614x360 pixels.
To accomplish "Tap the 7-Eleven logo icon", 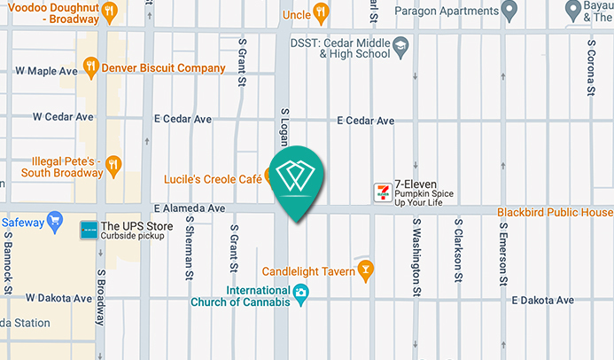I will click(x=383, y=192).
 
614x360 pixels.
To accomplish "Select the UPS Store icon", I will click(x=89, y=230).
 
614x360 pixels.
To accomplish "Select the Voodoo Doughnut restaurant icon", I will click(x=110, y=12).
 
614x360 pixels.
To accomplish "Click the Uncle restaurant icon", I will click(x=321, y=12).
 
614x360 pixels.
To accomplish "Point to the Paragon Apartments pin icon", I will click(x=509, y=11).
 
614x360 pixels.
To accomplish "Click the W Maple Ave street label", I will click(x=47, y=71).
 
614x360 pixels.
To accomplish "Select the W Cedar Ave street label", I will click(x=63, y=116).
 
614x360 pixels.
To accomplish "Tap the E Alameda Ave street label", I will click(x=190, y=208).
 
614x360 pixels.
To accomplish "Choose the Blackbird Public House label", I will click(x=555, y=213).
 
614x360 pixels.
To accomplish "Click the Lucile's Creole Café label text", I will click(x=212, y=179).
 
